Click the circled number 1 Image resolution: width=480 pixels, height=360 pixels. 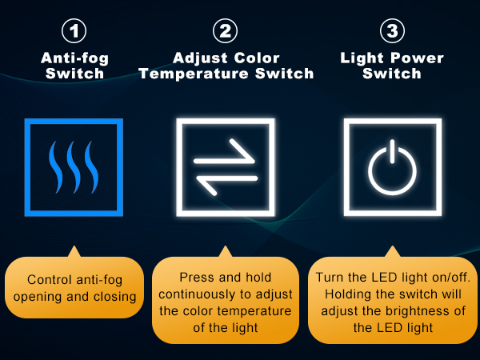point(74,31)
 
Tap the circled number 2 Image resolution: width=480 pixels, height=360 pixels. point(225,31)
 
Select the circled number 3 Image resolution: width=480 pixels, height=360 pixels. point(392,31)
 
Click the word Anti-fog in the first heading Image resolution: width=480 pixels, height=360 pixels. point(74,58)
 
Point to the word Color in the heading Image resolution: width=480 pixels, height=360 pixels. point(257,58)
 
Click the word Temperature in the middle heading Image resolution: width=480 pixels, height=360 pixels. point(194,74)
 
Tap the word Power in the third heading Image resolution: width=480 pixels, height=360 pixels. point(418,58)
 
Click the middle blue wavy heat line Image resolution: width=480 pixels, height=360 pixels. point(74,167)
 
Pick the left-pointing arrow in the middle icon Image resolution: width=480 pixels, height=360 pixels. point(226,182)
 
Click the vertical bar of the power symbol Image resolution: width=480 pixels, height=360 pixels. point(392,151)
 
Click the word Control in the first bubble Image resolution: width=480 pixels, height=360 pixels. point(50,279)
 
